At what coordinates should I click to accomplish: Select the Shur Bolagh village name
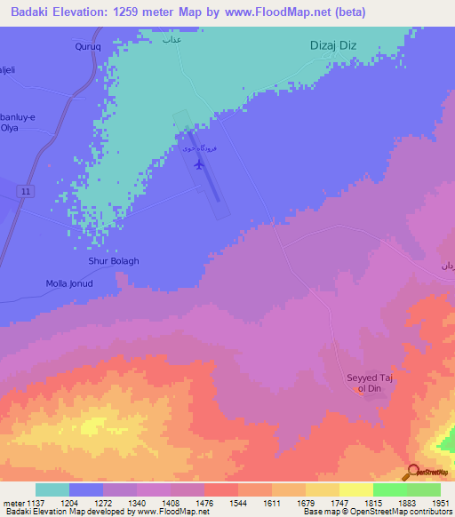[x=114, y=262]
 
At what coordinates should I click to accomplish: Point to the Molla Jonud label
[x=69, y=284]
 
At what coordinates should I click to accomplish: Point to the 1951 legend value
[x=441, y=502]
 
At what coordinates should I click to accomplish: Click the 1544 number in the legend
[x=236, y=502]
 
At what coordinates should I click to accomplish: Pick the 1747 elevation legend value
[x=339, y=502]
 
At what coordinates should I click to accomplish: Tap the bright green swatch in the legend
[x=389, y=489]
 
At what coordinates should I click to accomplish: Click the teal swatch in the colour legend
[x=52, y=489]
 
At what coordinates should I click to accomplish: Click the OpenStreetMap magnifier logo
[x=413, y=472]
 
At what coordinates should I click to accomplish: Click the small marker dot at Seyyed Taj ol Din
[x=360, y=389]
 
